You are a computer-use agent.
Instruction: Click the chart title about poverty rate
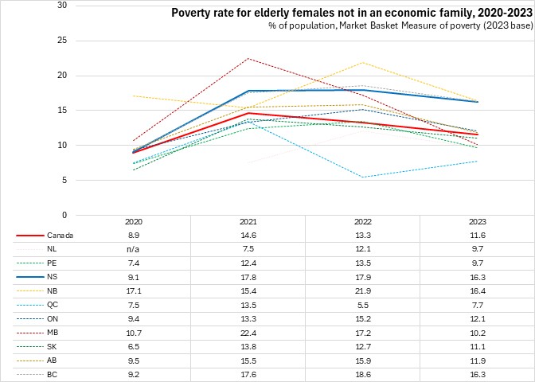tap(351, 13)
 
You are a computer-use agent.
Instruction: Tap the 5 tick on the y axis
tap(64, 180)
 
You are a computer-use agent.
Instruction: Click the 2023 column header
tap(477, 222)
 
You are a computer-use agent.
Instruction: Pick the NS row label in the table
tap(53, 277)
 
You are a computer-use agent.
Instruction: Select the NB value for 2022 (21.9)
tap(363, 290)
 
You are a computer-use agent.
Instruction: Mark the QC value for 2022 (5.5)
tap(363, 304)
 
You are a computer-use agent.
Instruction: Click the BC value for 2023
tap(477, 373)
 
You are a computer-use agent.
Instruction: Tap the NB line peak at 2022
tap(363, 62)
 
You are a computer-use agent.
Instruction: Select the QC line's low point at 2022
tap(363, 177)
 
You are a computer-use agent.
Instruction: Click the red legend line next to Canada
tap(29, 236)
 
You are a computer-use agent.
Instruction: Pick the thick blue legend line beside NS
tap(29, 277)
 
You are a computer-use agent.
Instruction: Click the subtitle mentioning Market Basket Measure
tap(399, 27)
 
